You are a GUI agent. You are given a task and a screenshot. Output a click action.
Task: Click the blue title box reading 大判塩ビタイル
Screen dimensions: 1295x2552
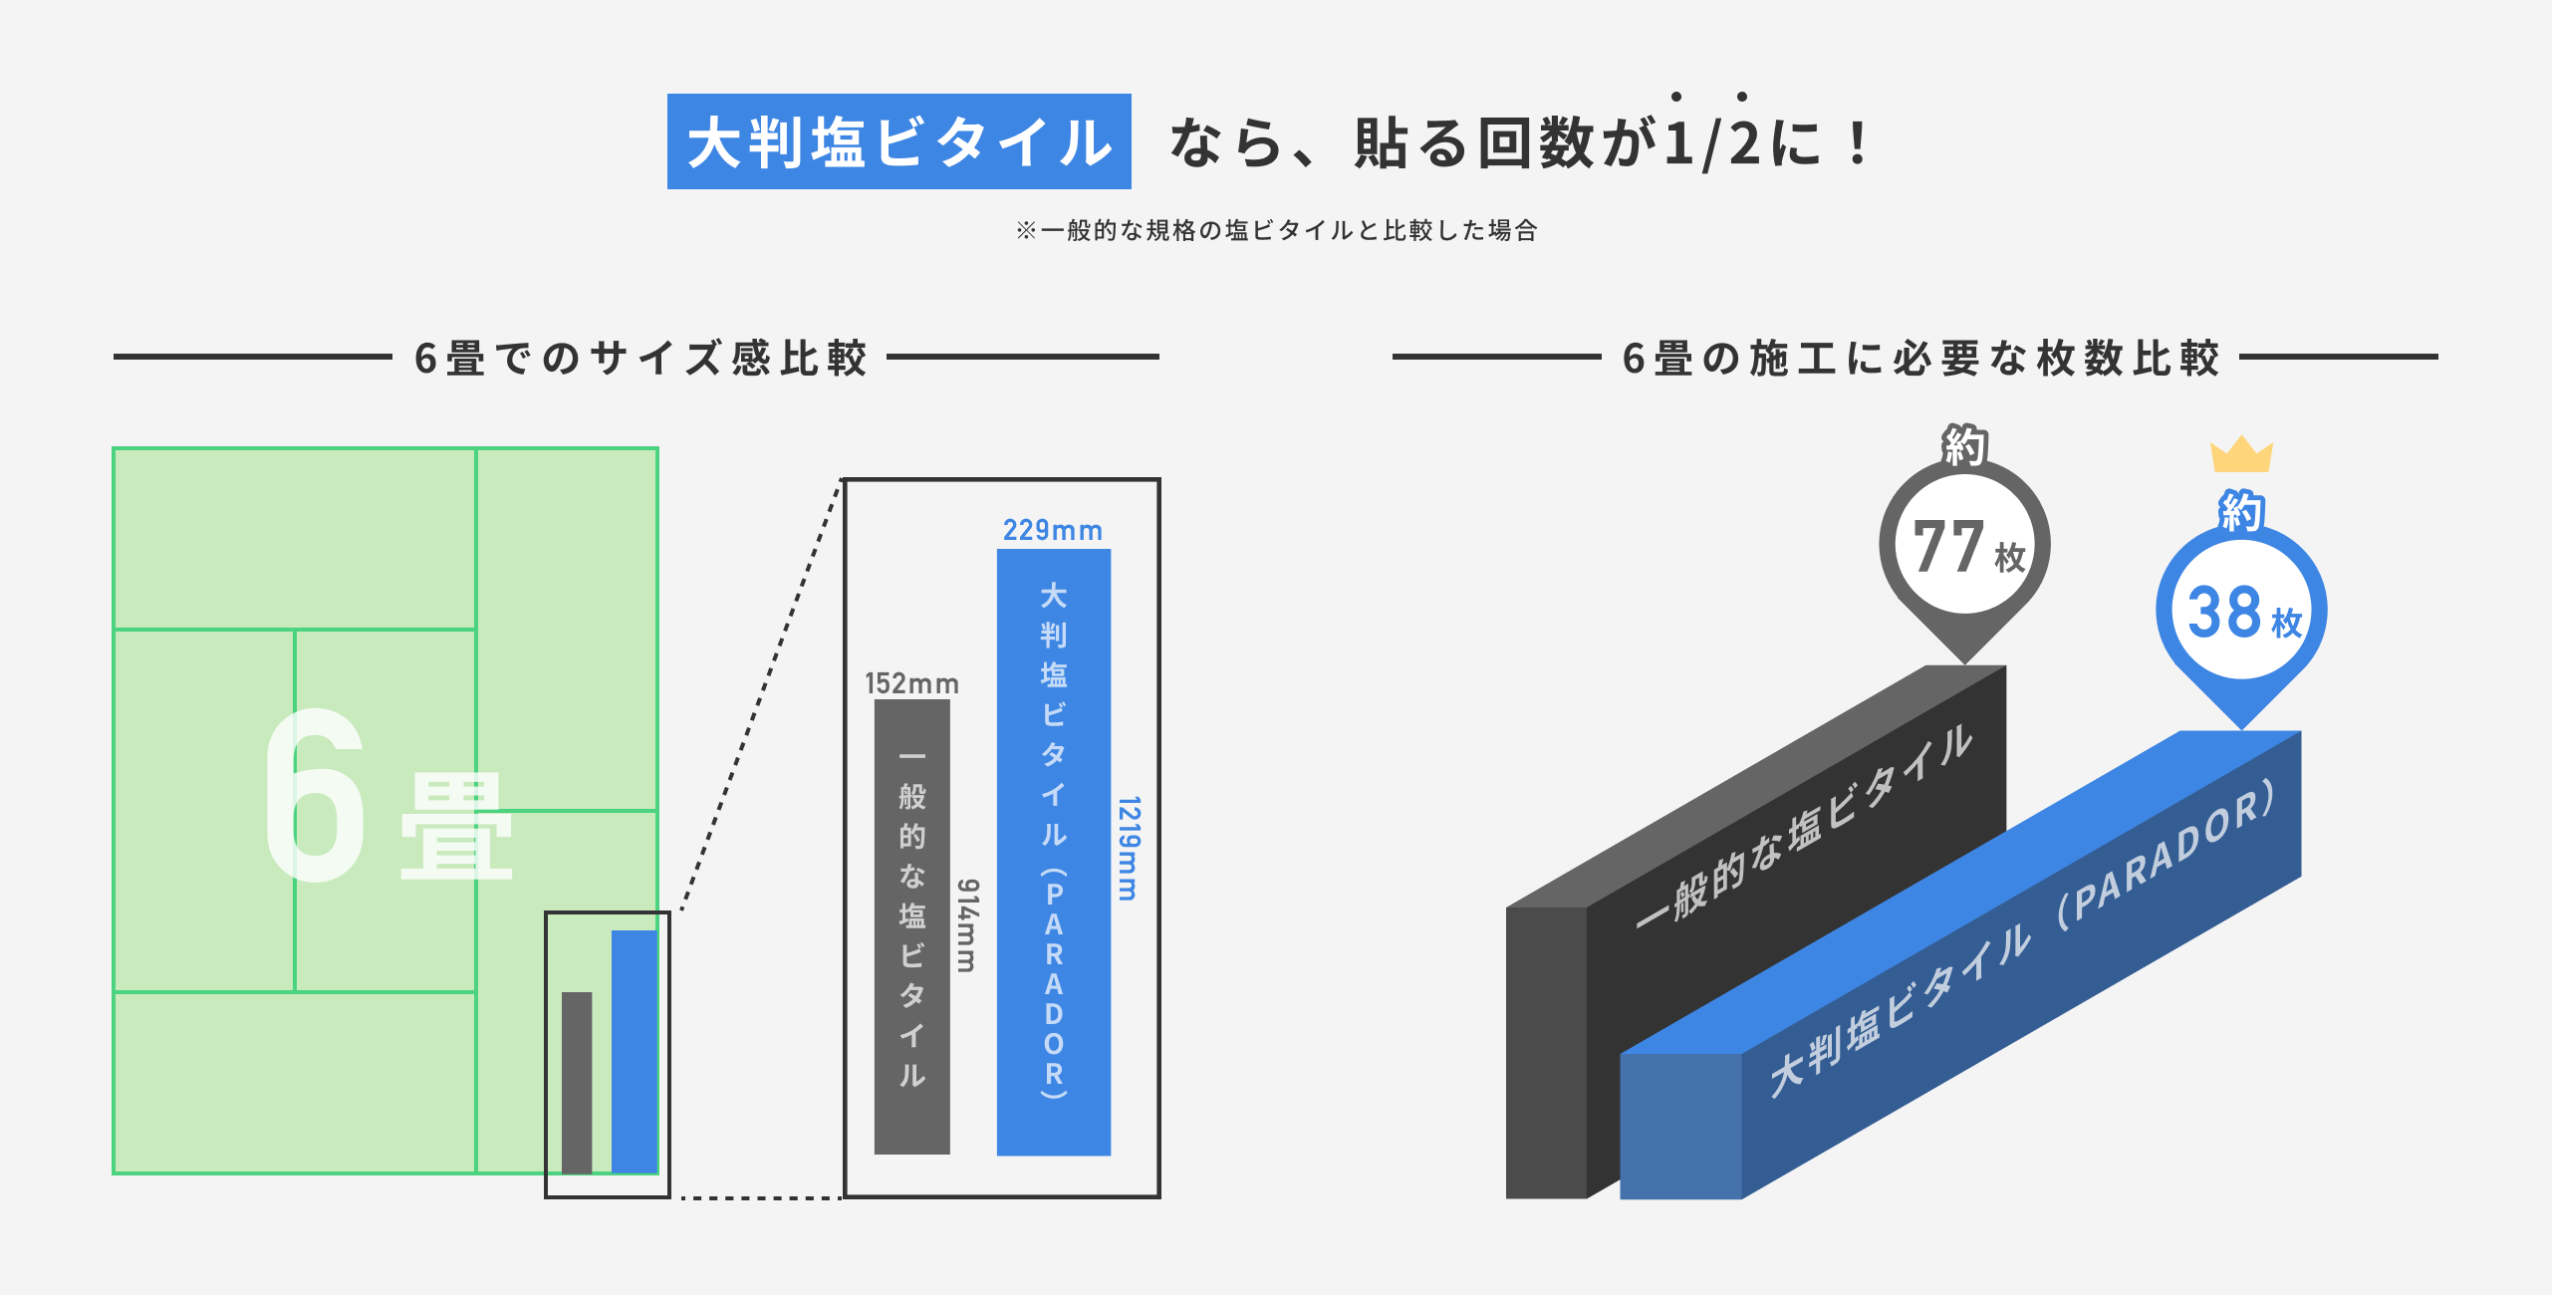[898, 141]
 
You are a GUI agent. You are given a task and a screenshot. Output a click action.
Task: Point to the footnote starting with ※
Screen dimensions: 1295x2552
[1276, 230]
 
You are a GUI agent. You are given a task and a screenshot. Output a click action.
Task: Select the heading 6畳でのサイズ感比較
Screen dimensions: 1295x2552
[640, 358]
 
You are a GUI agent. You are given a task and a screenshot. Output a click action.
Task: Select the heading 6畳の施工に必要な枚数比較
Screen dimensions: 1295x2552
[1919, 358]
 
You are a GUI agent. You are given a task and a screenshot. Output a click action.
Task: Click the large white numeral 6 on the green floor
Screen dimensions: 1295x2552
[315, 797]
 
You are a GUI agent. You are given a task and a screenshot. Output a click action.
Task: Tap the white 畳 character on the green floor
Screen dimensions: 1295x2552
[456, 827]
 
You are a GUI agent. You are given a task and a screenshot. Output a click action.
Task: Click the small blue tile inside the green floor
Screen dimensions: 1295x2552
[634, 1051]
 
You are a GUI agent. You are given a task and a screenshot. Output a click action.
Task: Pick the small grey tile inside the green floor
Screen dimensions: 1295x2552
[577, 1082]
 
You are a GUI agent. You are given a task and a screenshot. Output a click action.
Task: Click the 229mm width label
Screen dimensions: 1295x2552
[1052, 530]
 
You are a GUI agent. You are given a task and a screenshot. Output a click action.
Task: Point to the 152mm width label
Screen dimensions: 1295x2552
[910, 683]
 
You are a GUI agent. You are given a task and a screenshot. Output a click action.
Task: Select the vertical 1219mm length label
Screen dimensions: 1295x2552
[1128, 848]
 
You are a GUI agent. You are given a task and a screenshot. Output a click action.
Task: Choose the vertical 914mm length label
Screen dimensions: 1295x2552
[967, 924]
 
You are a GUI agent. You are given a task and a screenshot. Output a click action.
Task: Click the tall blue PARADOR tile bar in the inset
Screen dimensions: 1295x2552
[1054, 852]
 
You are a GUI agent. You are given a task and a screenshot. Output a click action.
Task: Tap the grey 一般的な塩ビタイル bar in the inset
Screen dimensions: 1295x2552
[911, 926]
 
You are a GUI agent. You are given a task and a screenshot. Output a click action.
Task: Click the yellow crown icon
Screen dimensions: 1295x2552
[2240, 455]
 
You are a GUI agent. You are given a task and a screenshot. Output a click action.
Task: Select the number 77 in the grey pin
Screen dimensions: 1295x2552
[1947, 547]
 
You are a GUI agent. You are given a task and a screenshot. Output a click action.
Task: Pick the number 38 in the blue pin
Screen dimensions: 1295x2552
[2224, 612]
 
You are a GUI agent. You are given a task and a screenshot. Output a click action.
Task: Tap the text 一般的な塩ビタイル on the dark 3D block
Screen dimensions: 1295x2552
[1803, 827]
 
